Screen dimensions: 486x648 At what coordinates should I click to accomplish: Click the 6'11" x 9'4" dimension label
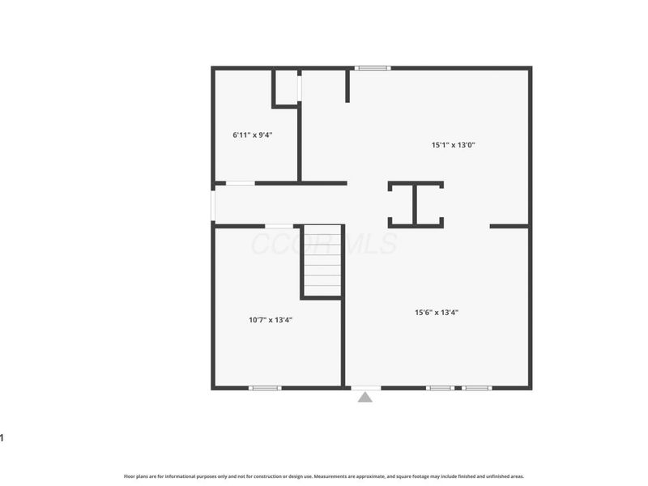[252, 135]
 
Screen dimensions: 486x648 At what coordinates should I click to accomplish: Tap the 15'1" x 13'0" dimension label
[453, 146]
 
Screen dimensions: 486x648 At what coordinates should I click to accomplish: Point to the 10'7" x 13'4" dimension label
[271, 320]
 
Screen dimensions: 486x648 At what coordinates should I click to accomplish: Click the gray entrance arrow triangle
[365, 397]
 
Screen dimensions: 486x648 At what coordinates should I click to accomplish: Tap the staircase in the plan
[322, 261]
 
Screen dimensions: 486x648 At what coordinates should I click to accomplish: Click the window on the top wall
[373, 68]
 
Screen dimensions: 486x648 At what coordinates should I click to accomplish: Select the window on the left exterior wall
[213, 205]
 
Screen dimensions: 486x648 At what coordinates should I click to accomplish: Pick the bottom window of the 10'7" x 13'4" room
[265, 388]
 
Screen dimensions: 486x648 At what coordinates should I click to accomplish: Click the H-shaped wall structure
[416, 204]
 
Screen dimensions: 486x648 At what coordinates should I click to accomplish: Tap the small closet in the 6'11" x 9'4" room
[286, 87]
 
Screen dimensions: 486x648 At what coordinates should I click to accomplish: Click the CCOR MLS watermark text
[323, 244]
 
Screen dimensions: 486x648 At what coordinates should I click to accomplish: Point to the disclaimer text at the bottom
[324, 476]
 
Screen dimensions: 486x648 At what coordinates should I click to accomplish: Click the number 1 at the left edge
[2, 438]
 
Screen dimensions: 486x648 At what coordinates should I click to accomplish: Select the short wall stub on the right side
[509, 226]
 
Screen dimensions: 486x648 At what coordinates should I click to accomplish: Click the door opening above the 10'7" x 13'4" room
[279, 226]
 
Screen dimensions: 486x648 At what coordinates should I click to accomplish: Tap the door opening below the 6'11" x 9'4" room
[240, 184]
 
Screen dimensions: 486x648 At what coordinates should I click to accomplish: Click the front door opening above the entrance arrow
[365, 388]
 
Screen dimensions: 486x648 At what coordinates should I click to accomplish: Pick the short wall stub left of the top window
[347, 86]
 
